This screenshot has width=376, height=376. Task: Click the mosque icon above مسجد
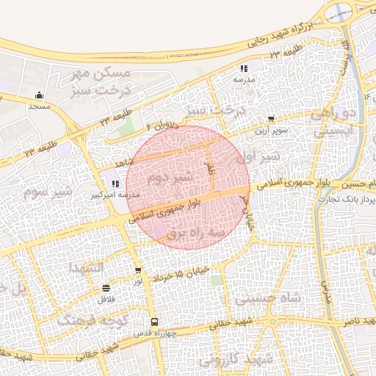pyautogui.click(x=39, y=95)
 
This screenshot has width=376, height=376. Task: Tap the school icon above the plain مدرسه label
pyautogui.click(x=244, y=68)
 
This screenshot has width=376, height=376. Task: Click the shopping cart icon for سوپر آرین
pyautogui.click(x=272, y=118)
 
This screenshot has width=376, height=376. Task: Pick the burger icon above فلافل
pyautogui.click(x=106, y=288)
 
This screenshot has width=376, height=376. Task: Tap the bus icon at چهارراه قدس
pyautogui.click(x=154, y=322)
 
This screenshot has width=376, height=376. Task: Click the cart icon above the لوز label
pyautogui.click(x=138, y=271)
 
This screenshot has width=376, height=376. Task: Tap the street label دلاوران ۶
pyautogui.click(x=161, y=124)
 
